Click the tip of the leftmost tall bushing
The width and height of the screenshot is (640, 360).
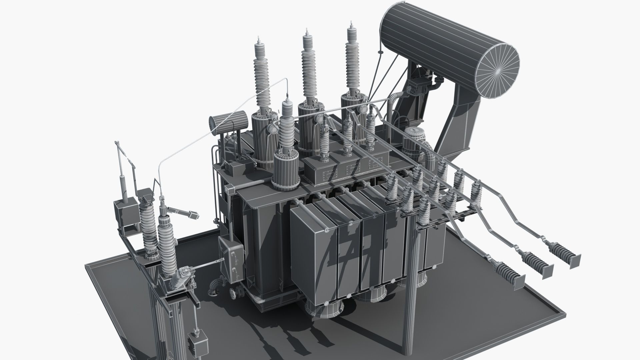point(259,37)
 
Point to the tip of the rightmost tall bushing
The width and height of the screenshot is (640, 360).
point(351,23)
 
